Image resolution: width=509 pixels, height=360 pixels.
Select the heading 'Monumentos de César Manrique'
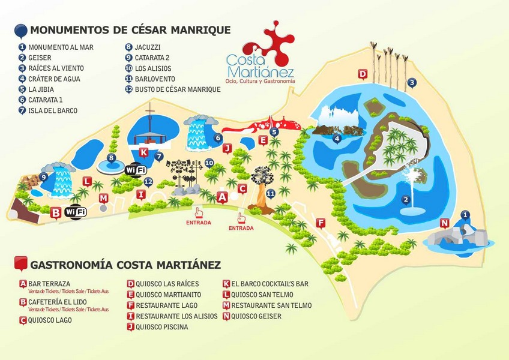(130, 29)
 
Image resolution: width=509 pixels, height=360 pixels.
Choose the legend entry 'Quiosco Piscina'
(161, 327)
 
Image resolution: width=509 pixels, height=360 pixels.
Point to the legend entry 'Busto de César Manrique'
(177, 89)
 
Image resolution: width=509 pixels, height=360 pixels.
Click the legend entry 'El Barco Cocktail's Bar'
(270, 284)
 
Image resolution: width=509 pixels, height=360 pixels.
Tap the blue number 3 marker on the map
(412, 82)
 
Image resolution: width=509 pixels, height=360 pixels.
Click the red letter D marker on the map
(362, 74)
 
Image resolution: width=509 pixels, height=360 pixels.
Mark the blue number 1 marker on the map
(464, 214)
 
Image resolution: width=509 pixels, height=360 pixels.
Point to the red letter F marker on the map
(321, 223)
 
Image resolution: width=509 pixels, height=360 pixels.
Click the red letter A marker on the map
(222, 196)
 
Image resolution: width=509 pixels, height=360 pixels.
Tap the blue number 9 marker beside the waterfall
(43, 176)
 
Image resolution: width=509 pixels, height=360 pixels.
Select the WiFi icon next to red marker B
(76, 211)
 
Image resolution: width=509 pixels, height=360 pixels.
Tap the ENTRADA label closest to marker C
(241, 228)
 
